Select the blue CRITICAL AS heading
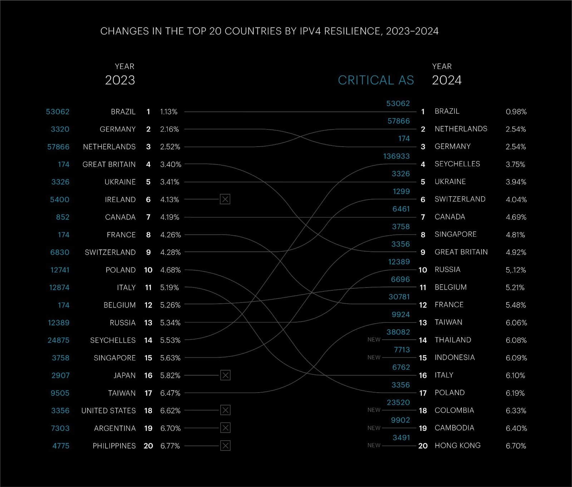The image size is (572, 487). pyautogui.click(x=376, y=80)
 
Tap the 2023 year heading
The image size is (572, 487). pyautogui.click(x=120, y=80)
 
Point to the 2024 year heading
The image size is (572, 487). pyautogui.click(x=447, y=80)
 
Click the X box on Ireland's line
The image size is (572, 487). pyautogui.click(x=225, y=199)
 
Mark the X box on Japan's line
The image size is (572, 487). pyautogui.click(x=225, y=375)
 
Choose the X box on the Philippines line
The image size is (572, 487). pyautogui.click(x=225, y=446)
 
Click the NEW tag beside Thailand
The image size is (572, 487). pyautogui.click(x=374, y=340)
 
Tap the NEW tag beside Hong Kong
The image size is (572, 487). pyautogui.click(x=374, y=445)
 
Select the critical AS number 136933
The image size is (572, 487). pyautogui.click(x=396, y=156)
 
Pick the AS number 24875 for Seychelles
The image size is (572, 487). pyautogui.click(x=59, y=340)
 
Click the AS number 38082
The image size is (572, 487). pyautogui.click(x=398, y=332)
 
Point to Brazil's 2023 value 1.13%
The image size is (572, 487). pyautogui.click(x=169, y=112)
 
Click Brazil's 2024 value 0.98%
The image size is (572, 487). pyautogui.click(x=516, y=112)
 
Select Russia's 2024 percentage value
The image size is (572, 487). pyautogui.click(x=516, y=270)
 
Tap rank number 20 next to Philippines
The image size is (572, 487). pyautogui.click(x=148, y=446)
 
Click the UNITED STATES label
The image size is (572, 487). pyautogui.click(x=109, y=410)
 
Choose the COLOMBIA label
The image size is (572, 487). pyautogui.click(x=454, y=410)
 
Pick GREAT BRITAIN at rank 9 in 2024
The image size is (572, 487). pyautogui.click(x=461, y=252)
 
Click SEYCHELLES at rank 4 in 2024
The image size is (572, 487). pyautogui.click(x=457, y=164)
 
